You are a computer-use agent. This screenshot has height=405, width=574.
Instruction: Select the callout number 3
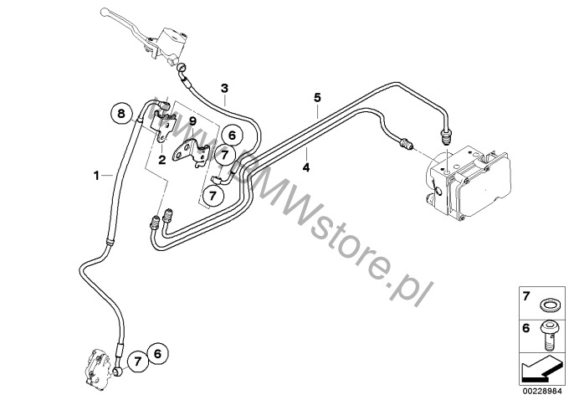coord(224,88)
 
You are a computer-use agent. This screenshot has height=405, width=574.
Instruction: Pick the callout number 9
coord(192,121)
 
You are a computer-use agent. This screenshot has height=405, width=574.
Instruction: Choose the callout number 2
coord(162,158)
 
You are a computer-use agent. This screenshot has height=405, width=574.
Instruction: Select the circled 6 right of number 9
coord(232,133)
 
